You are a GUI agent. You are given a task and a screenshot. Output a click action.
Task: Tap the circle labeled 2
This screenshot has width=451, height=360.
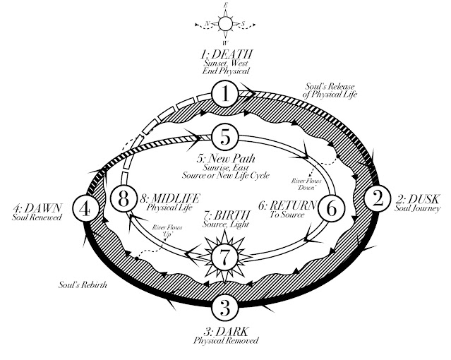click(378, 198)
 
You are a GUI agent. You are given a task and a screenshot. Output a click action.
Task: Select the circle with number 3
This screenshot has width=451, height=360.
click(224, 308)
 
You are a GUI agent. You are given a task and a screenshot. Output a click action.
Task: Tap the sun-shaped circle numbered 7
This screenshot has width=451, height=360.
click(223, 258)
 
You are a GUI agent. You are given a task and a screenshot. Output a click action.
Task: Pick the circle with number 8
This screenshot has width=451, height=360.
click(124, 199)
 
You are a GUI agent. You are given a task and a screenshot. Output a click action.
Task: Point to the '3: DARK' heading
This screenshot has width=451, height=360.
click(224, 331)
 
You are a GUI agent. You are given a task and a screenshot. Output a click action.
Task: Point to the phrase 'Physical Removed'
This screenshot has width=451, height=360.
click(224, 342)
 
